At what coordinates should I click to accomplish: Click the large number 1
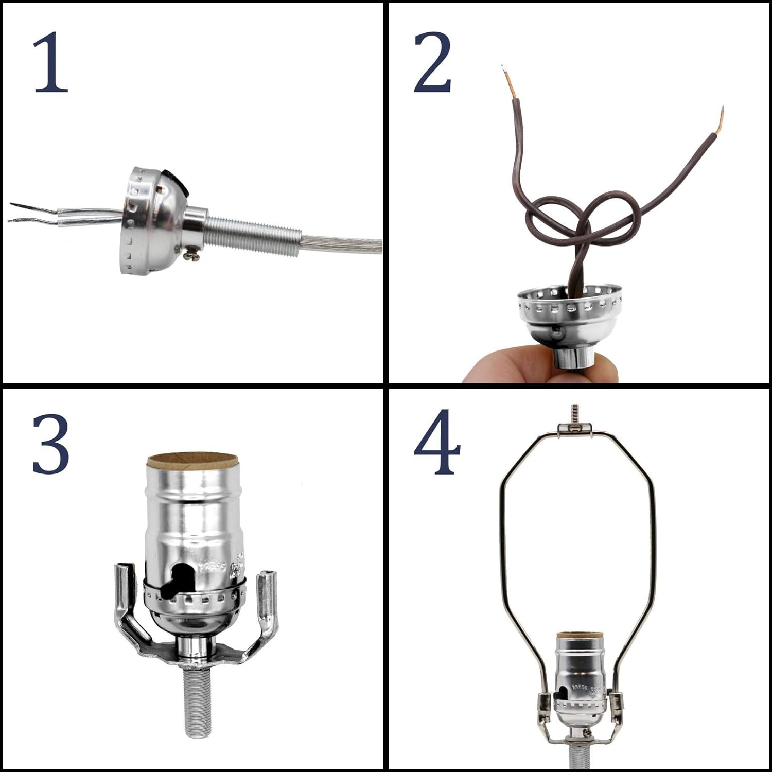[50, 63]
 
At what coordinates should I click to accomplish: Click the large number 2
[432, 63]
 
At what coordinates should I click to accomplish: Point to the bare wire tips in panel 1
[26, 213]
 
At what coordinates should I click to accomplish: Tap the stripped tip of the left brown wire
[510, 82]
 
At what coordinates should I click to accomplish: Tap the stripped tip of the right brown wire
[720, 119]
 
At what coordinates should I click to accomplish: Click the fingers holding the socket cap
[515, 363]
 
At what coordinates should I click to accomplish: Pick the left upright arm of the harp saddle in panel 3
[124, 592]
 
